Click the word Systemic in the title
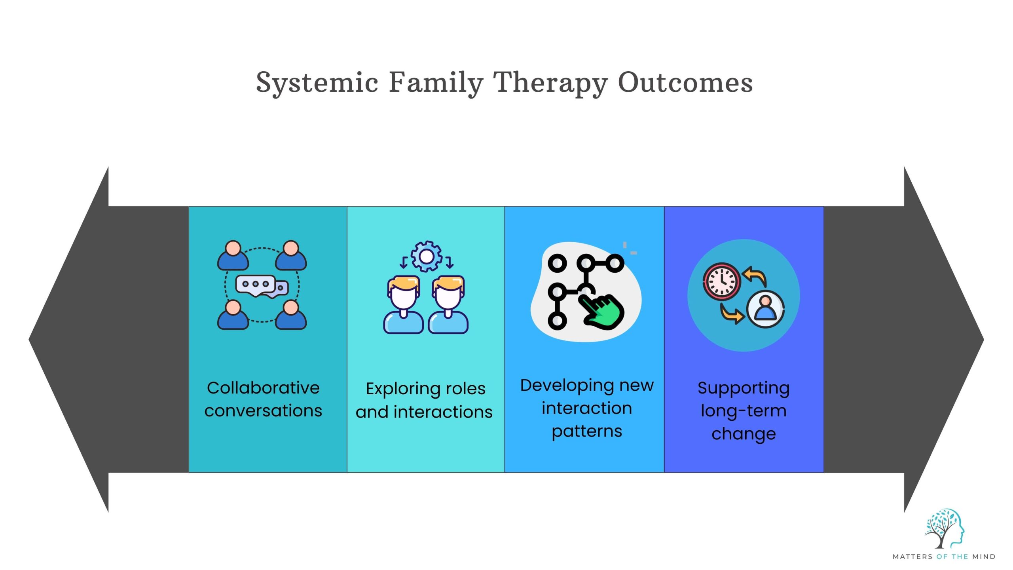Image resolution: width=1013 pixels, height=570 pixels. (317, 83)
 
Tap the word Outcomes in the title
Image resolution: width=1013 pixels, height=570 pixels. (685, 83)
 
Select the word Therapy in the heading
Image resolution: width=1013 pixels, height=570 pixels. (552, 83)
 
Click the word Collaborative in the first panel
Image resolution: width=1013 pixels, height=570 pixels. (263, 388)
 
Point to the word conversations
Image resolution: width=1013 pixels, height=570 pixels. (263, 411)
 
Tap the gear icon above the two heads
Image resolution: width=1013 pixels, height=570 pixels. (426, 256)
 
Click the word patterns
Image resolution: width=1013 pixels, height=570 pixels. (587, 431)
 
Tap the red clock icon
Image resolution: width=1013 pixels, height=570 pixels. (721, 281)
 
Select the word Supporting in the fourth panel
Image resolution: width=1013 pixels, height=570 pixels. (744, 388)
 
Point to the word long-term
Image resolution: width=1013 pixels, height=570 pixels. (744, 411)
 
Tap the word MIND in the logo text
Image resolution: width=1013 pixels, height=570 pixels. (984, 557)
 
